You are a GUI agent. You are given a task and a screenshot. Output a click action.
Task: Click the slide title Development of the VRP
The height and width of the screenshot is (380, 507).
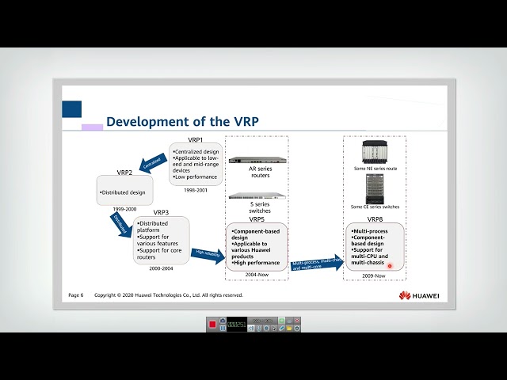point(182,121)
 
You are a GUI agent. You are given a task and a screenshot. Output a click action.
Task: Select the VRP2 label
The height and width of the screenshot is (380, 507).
point(124,172)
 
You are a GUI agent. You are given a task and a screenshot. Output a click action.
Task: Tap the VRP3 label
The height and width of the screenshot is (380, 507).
point(161,212)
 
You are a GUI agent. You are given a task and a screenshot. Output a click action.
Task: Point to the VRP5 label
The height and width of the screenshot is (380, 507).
point(257,218)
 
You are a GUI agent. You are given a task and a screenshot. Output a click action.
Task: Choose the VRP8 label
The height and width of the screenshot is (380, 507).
point(375,218)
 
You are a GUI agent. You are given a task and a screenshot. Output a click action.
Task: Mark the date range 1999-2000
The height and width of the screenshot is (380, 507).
point(124,209)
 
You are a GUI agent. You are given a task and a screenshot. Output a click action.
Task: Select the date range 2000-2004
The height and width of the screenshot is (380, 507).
point(161,268)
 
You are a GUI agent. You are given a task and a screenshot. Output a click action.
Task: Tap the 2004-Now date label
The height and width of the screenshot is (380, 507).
point(257,275)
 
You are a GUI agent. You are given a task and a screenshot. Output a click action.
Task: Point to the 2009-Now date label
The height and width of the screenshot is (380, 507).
point(375,275)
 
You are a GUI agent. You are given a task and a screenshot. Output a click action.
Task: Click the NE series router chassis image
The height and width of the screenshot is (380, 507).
point(375,151)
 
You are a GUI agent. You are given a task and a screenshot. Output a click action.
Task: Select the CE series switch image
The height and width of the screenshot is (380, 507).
point(375,188)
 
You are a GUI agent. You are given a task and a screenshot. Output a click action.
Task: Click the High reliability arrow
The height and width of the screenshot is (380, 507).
point(208,254)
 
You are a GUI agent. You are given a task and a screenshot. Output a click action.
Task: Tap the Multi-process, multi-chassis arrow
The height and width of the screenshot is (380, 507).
point(318,264)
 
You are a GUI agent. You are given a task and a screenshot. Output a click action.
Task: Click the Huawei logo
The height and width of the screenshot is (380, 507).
point(418,295)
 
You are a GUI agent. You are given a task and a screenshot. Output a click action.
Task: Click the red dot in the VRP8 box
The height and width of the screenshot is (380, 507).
point(390,265)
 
